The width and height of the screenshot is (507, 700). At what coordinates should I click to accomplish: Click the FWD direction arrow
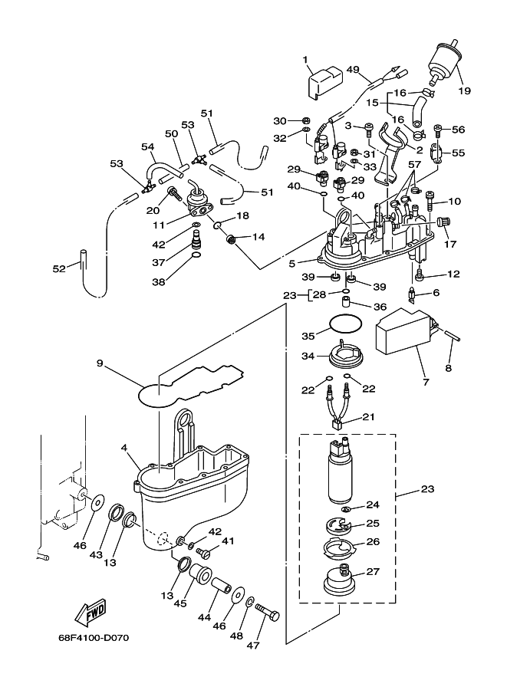(x=91, y=611)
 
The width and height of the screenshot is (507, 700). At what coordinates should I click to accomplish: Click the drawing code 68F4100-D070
(x=94, y=638)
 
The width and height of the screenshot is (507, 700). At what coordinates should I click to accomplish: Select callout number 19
(x=465, y=90)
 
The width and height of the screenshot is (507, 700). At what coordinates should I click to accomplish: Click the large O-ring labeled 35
(x=344, y=324)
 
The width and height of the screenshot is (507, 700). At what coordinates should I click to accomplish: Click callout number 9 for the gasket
(x=100, y=363)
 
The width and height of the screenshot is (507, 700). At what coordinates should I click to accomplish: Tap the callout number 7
(x=426, y=382)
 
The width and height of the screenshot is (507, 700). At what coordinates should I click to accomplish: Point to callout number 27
(x=373, y=571)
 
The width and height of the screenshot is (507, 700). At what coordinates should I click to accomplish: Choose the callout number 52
(x=59, y=268)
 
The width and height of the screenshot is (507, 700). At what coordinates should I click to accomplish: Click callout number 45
(x=180, y=603)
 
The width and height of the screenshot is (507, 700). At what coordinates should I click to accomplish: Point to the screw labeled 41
(x=206, y=553)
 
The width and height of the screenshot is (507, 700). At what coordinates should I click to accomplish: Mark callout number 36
(x=380, y=307)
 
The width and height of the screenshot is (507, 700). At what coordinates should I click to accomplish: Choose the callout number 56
(x=459, y=129)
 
